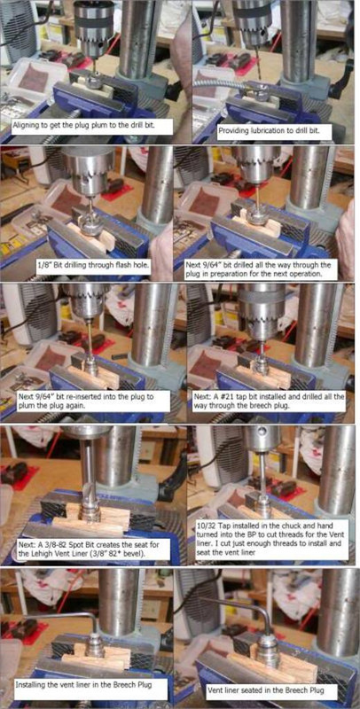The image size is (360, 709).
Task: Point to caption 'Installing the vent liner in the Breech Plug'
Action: tap(88, 685)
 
